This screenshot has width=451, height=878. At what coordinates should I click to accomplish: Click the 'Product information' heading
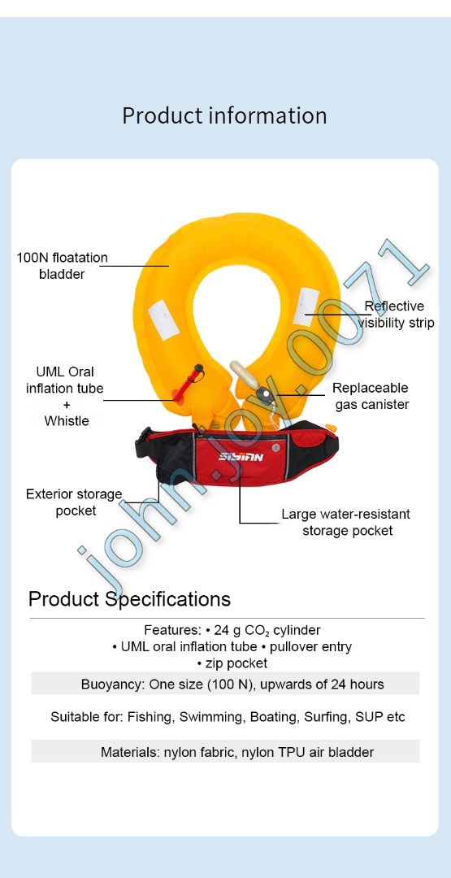pos(224,115)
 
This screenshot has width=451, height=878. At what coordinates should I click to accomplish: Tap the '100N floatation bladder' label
pos(62,266)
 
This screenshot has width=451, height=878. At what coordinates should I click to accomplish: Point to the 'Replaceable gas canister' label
pos(370,396)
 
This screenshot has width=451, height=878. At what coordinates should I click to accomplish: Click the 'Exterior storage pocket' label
pos(74,502)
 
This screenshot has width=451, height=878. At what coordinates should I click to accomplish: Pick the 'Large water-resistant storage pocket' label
pos(346,522)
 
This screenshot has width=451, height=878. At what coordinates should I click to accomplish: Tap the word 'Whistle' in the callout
pos(67,421)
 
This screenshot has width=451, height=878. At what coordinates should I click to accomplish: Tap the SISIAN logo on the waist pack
pos(241,457)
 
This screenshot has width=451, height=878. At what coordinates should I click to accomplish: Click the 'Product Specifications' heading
pos(129,600)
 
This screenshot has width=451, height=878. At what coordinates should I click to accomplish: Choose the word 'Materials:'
pos(130,752)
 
